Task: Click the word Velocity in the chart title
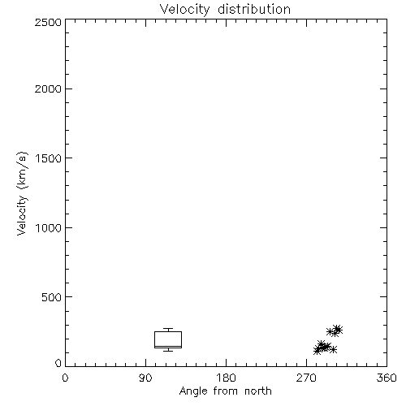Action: pos(185,10)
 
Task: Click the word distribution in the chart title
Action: pos(254,9)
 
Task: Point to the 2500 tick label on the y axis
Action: pos(48,22)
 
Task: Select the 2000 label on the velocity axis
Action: pos(48,89)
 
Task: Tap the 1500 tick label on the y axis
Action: pos(49,158)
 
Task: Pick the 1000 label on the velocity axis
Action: pos(49,227)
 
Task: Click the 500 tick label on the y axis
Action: pos(52,297)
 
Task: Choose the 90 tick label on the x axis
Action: pos(145,378)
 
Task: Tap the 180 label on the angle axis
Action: pos(226,378)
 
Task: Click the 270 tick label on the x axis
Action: pos(306,378)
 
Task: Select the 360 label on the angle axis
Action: pos(387,378)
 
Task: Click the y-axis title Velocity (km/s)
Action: pos(22,193)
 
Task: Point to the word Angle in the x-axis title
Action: pos(193,391)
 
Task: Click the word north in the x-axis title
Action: pos(258,391)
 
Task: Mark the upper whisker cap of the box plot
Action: pos(168,329)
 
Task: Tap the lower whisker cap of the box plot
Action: pos(168,351)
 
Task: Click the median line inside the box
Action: pos(168,346)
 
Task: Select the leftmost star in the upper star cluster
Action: pos(330,331)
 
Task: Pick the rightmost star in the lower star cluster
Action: pos(334,349)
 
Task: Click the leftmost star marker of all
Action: pos(317,351)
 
